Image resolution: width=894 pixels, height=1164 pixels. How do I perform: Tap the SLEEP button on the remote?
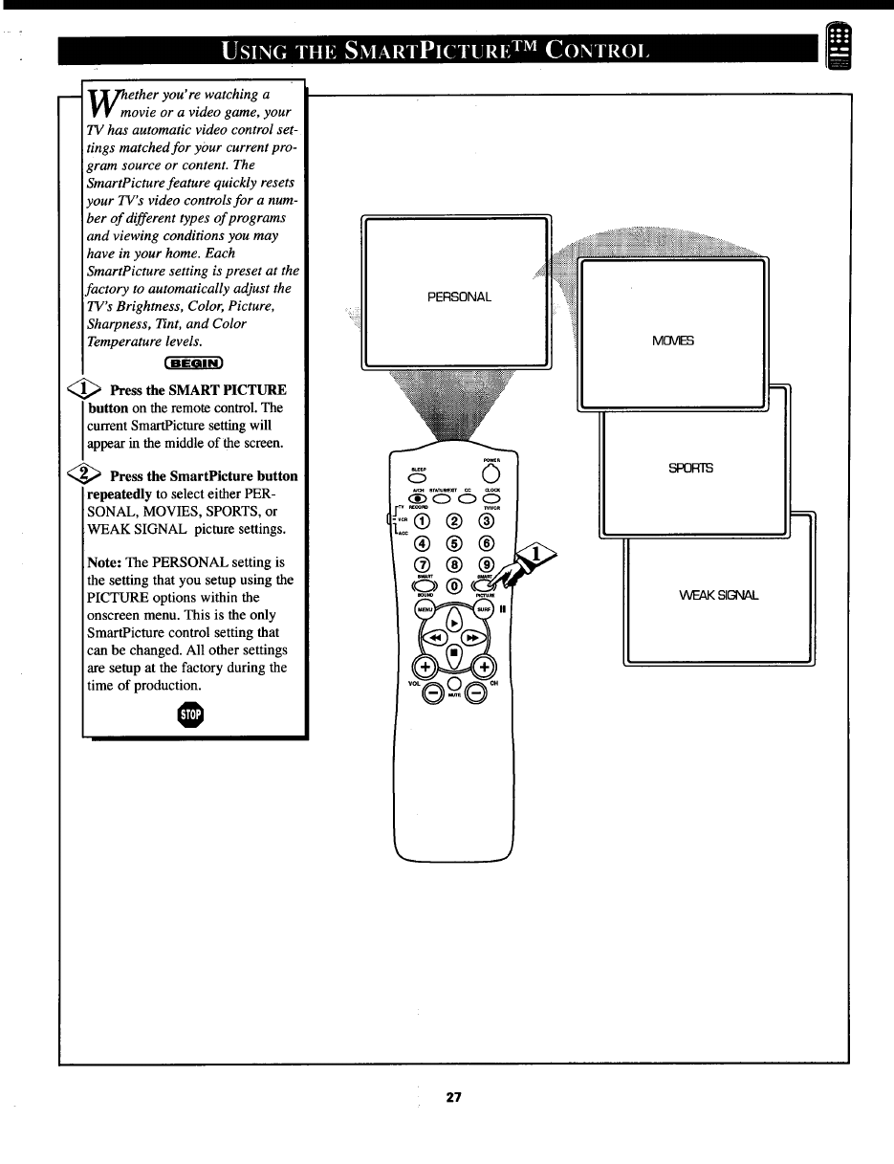click(x=418, y=479)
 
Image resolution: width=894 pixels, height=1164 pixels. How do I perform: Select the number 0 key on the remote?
click(x=454, y=585)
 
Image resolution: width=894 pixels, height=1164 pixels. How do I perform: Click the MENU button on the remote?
click(x=424, y=609)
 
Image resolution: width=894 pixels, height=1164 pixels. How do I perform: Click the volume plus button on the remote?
click(x=423, y=668)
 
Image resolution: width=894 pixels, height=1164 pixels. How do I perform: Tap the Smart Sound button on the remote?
click(x=424, y=585)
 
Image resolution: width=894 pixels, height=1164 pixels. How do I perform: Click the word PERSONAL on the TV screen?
click(x=459, y=296)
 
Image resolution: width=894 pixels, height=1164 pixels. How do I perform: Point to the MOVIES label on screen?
click(x=673, y=340)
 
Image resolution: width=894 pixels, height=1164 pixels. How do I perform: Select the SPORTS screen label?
click(x=690, y=469)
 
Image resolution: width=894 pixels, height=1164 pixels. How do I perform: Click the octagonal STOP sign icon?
click(x=194, y=714)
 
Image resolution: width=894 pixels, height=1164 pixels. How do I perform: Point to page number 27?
click(x=453, y=1097)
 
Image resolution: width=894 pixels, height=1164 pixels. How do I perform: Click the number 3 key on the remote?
click(x=486, y=521)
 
